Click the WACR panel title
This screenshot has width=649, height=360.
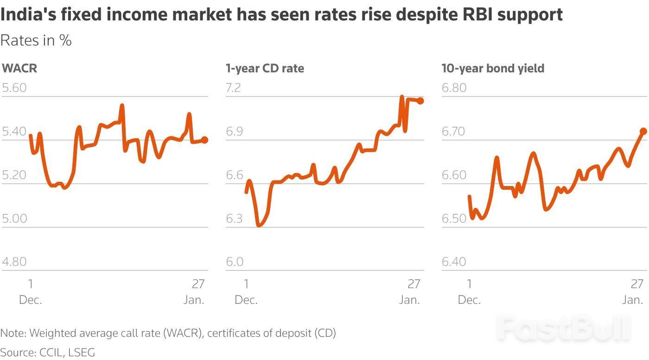click(19, 69)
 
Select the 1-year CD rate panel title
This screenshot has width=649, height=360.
click(265, 69)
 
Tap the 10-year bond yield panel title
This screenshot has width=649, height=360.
click(493, 69)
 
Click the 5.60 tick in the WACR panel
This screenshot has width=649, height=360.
click(14, 88)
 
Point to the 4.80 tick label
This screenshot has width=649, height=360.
click(14, 262)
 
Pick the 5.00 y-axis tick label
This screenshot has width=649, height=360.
click(14, 219)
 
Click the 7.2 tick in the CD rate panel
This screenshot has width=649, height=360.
click(234, 88)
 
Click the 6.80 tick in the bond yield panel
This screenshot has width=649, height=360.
click(454, 88)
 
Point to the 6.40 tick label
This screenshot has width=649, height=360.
click(454, 262)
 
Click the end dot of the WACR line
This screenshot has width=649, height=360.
click(204, 140)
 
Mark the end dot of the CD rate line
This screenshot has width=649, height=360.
click(420, 101)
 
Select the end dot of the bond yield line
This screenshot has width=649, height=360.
click(643, 131)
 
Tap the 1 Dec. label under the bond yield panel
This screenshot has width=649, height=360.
click(469, 291)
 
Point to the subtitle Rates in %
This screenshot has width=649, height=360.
click(36, 41)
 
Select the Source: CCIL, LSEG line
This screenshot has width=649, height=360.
click(47, 352)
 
